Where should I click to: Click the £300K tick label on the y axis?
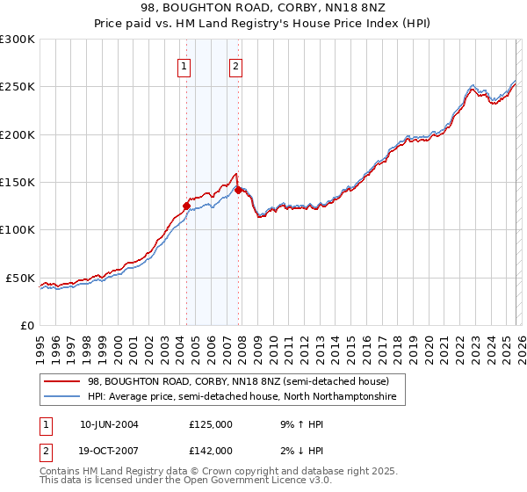[x=17, y=40]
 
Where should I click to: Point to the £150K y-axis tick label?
[x=17, y=183]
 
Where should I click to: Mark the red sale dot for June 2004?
[x=186, y=206]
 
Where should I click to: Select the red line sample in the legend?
[x=61, y=382]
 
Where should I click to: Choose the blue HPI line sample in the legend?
[x=61, y=397]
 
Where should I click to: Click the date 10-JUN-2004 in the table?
[x=109, y=423]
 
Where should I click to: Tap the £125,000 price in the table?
[x=211, y=423]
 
